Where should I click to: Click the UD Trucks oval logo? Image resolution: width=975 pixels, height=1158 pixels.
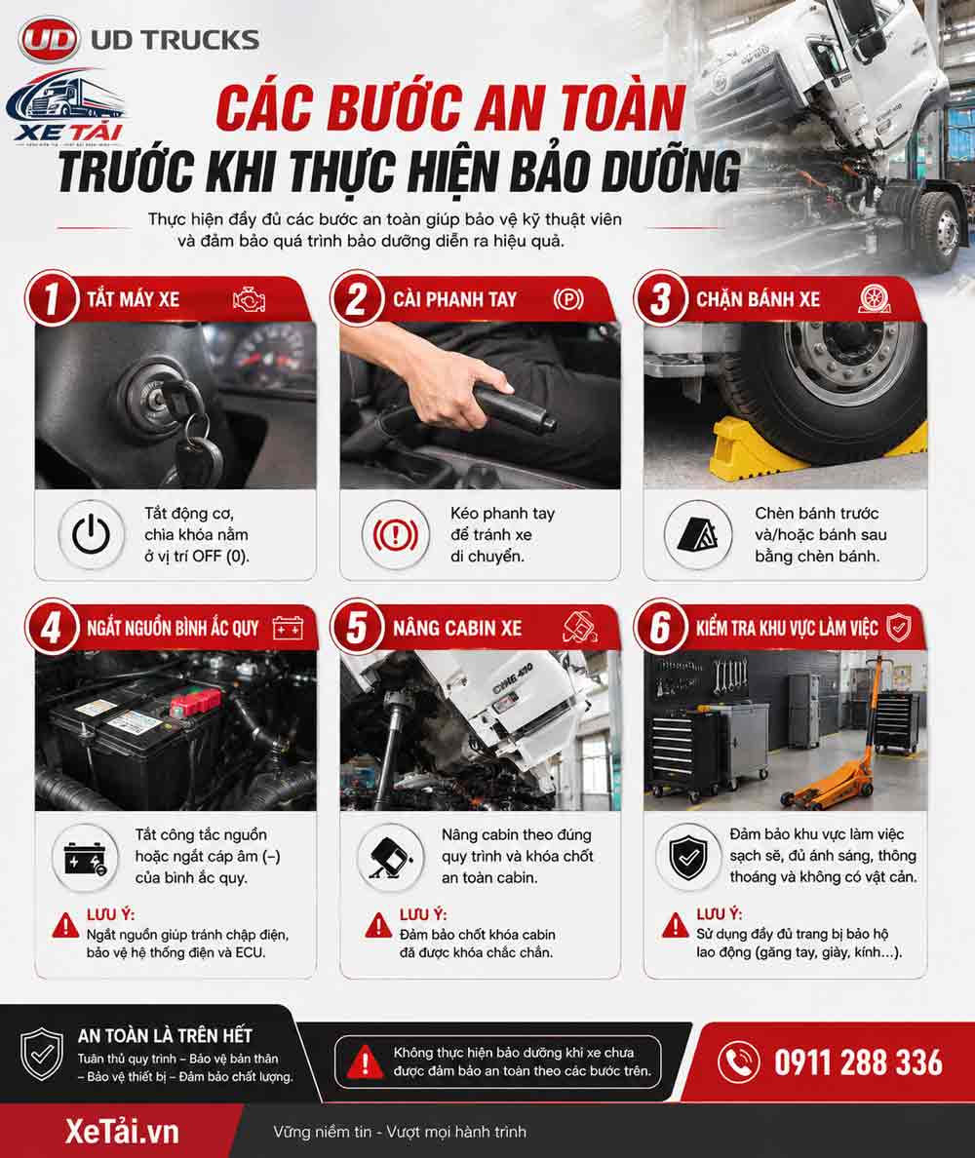point(49,40)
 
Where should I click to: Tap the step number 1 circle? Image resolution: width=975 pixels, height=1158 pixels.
point(51,299)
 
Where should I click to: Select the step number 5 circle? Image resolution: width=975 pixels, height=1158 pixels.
point(357,627)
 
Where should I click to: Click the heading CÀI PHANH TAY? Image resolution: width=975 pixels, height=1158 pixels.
point(454,299)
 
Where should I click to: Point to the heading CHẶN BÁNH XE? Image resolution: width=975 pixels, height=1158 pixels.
point(758,299)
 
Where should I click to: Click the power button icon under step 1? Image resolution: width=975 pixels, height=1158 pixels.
point(92,534)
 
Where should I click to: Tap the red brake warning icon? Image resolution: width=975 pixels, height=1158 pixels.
point(395,534)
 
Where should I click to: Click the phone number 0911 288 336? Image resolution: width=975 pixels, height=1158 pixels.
point(858,1062)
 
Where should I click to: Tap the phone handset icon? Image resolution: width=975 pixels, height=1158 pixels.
point(738,1062)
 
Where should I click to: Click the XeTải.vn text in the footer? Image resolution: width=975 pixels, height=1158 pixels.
point(122,1132)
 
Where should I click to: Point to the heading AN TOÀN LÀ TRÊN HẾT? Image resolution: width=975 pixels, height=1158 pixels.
point(165,1035)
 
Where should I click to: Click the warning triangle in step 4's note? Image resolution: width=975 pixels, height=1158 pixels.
point(65,925)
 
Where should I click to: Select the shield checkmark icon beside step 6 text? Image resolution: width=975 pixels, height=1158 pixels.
point(687,857)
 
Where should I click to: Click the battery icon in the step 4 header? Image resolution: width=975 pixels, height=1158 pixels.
point(288,628)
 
